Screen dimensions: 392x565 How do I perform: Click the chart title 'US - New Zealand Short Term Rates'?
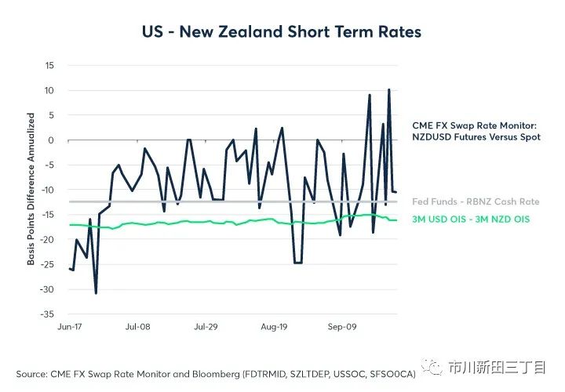[x=282, y=32]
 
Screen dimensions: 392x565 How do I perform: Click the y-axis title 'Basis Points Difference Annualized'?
[x=31, y=189]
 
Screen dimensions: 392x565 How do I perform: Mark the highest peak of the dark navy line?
[x=389, y=89]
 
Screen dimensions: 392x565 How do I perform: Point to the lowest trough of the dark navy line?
[x=96, y=293]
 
